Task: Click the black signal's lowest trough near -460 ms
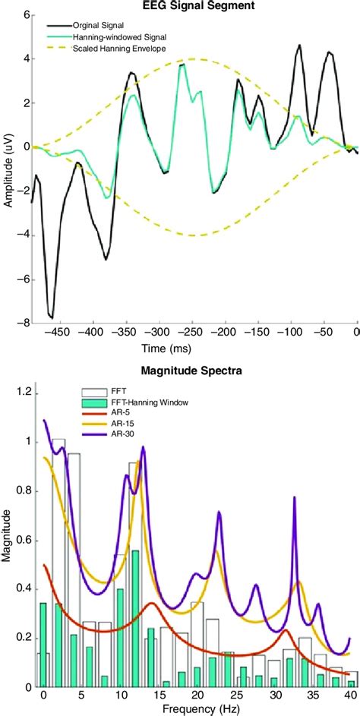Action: click(x=51, y=317)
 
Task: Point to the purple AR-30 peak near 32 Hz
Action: click(x=294, y=498)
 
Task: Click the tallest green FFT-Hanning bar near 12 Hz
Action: click(x=135, y=551)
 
